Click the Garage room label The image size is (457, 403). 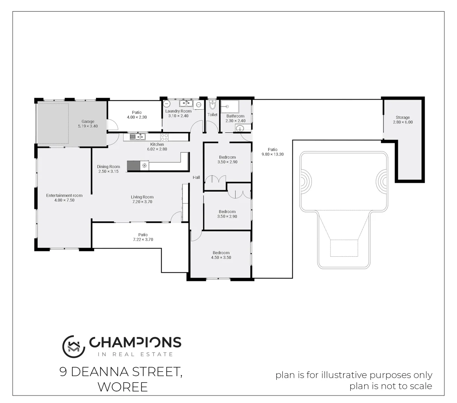coord(88,121)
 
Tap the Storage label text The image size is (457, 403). coord(403,118)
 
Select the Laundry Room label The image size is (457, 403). coord(178,111)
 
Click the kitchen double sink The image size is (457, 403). coord(138,137)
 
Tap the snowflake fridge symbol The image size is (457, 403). coord(144,165)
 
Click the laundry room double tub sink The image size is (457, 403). coord(185,103)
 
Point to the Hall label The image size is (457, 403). coord(196,178)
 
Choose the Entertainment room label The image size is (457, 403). coord(64,196)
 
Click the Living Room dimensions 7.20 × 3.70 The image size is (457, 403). coord(142,202)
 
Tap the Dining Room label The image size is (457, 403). coord(109,167)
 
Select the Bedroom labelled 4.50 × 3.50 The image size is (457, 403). coord(221,257)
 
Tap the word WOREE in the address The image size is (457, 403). coord(123,387)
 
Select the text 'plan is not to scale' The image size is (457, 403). coord(391,386)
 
